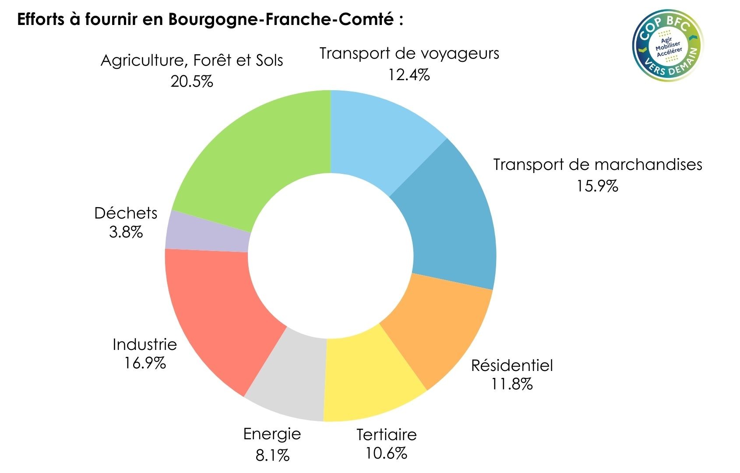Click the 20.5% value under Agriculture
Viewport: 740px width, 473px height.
192,81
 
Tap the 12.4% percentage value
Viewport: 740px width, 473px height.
409,75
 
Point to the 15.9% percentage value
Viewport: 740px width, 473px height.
597,186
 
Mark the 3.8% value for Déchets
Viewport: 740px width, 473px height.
126,232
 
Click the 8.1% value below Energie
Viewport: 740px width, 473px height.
272,455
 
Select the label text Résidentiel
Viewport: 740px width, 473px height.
512,365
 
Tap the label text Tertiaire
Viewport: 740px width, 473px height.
387,434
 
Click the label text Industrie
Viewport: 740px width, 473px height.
144,344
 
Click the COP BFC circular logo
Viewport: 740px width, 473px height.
667,46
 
